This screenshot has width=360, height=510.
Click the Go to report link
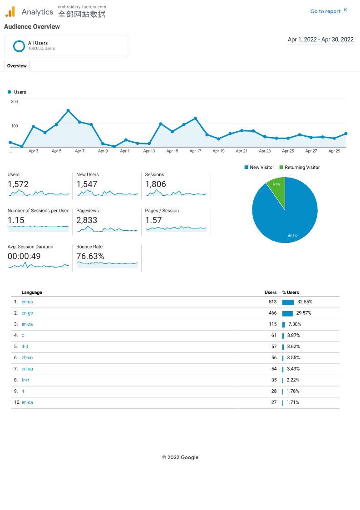pos(325,11)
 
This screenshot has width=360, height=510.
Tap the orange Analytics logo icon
pos(10,12)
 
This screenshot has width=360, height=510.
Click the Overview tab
pos(17,66)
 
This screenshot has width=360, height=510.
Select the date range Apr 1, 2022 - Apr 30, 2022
pos(321,40)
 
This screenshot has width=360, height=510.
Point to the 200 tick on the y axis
pos(15,102)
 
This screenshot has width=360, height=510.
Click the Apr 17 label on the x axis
pos(195,151)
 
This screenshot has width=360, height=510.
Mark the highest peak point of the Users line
pos(68,110)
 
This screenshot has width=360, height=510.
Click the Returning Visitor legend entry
pos(302,168)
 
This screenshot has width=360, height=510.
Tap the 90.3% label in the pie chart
pos(292,235)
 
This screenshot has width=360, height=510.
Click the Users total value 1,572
pos(18,184)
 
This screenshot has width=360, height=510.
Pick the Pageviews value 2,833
pos(87,220)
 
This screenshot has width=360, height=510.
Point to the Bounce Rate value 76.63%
pos(90,256)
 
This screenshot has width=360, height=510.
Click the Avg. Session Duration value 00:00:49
pos(24,256)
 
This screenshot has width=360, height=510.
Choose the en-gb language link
pos(27,313)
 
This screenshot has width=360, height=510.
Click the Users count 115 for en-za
pos(272,324)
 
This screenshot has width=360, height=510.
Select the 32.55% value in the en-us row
pos(305,302)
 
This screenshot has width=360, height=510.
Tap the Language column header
pos(32,292)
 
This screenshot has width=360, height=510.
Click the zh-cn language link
pos(27,358)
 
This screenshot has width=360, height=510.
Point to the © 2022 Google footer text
pos(180,457)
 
